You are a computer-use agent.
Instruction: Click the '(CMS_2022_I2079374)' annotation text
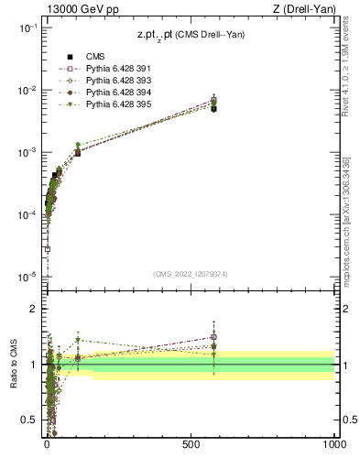click(x=191, y=273)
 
